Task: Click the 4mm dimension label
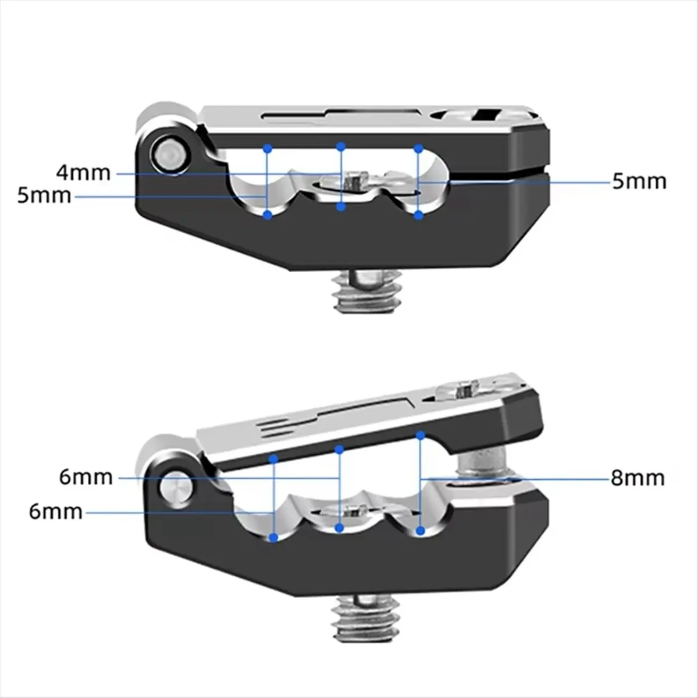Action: [83, 173]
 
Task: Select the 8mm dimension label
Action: [638, 478]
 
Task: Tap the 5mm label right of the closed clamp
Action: [639, 181]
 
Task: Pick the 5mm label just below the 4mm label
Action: [44, 195]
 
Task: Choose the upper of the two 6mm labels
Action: [86, 478]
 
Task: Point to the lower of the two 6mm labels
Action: [56, 512]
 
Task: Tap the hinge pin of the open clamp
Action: [176, 487]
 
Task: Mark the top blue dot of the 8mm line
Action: [420, 435]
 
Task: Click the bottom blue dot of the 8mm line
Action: [420, 531]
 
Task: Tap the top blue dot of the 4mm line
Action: [341, 147]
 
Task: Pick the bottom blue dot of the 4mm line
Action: [340, 207]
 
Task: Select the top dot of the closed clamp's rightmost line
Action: [419, 148]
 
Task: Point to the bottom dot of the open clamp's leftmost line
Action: [274, 537]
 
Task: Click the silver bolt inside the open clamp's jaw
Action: [483, 462]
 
